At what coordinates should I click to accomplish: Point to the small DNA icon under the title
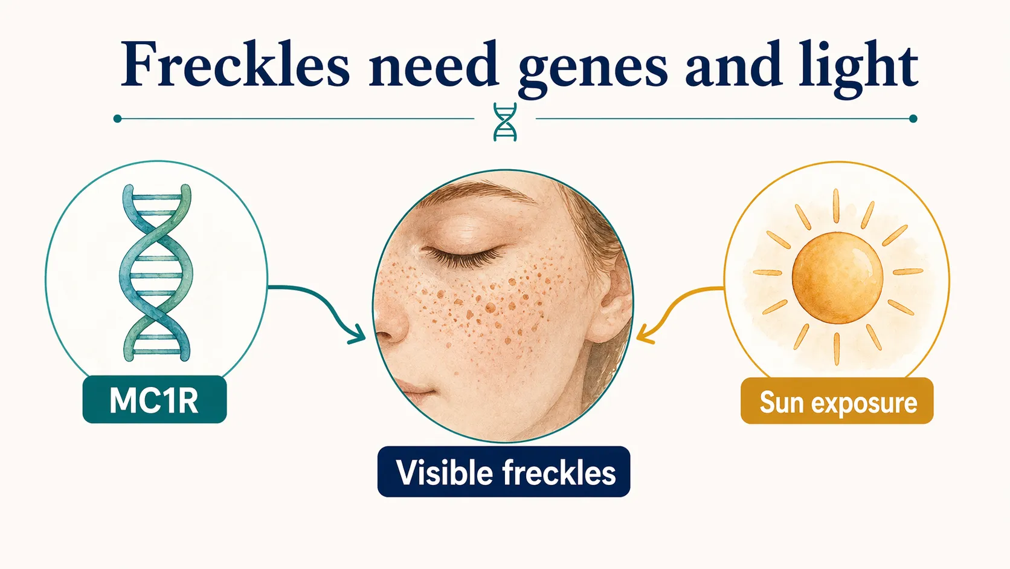tap(505, 122)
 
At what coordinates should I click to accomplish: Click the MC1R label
tap(155, 400)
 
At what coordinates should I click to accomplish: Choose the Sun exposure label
tap(837, 402)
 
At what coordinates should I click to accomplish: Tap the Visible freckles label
tap(504, 472)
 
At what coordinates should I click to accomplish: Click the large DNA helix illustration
tap(156, 273)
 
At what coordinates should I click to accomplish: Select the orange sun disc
tap(837, 278)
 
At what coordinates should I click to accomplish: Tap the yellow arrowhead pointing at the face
tap(644, 334)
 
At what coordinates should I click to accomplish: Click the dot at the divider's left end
tap(117, 119)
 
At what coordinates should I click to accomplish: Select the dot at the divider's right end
tap(913, 119)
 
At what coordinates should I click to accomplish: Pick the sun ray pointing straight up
tap(837, 206)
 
